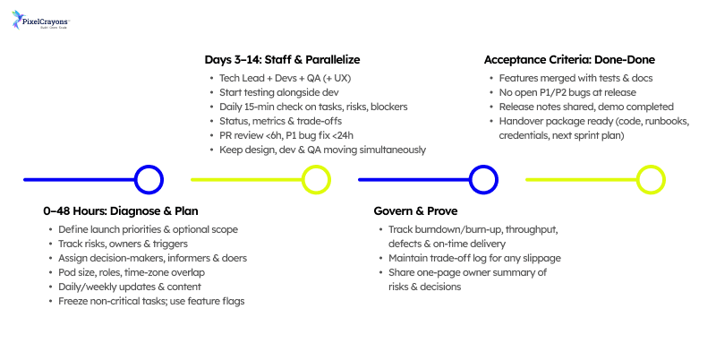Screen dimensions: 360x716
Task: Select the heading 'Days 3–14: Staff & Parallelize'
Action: (x=284, y=60)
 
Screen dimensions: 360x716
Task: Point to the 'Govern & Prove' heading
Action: (x=416, y=212)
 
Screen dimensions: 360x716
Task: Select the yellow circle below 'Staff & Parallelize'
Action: (x=316, y=180)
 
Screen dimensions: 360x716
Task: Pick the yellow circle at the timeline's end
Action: (x=650, y=180)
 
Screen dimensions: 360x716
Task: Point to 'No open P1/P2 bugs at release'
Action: (x=567, y=92)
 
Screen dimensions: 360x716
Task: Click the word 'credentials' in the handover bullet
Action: (x=526, y=134)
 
